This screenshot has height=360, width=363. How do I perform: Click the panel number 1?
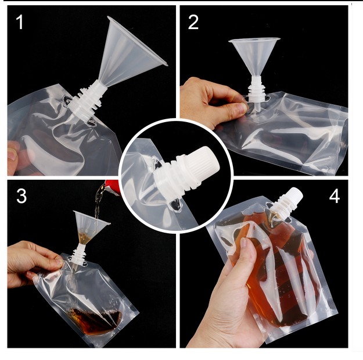pos(19,22)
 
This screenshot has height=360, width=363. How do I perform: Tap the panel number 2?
pos(193,22)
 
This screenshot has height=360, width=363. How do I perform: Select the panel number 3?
pos(21,195)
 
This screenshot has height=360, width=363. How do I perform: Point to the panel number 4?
pos(335,196)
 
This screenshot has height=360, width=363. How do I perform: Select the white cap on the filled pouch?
pos(293,197)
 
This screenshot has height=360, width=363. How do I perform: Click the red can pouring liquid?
pos(113,187)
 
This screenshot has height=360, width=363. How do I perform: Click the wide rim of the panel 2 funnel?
pos(254,40)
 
